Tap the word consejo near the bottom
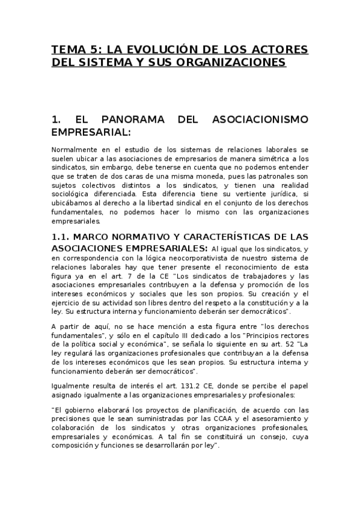click(x=266, y=437)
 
